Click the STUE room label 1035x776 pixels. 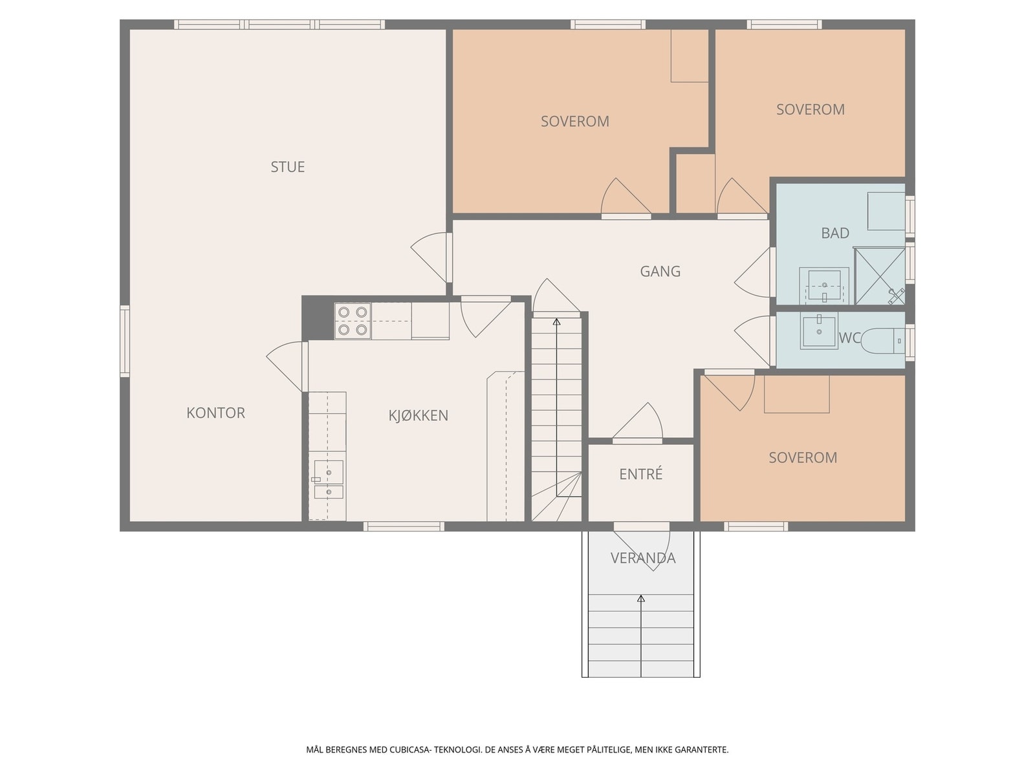pos(287,167)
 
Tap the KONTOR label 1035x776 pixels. pos(215,413)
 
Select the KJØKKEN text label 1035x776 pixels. pos(419,415)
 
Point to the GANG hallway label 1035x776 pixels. pos(660,272)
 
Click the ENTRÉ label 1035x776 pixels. pos(641,473)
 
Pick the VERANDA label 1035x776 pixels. pos(643,558)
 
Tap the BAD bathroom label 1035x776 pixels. pos(834,233)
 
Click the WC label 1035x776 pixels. pos(849,338)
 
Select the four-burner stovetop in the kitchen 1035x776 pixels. pos(353,320)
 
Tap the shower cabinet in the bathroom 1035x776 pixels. pos(879,276)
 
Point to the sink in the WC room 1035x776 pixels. pos(818,331)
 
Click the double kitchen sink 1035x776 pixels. pos(328,479)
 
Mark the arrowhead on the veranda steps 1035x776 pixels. pos(641,598)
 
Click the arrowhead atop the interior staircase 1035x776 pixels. pos(556,322)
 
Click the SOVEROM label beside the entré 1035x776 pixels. pos(803,457)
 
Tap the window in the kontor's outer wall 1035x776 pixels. pos(124,341)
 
